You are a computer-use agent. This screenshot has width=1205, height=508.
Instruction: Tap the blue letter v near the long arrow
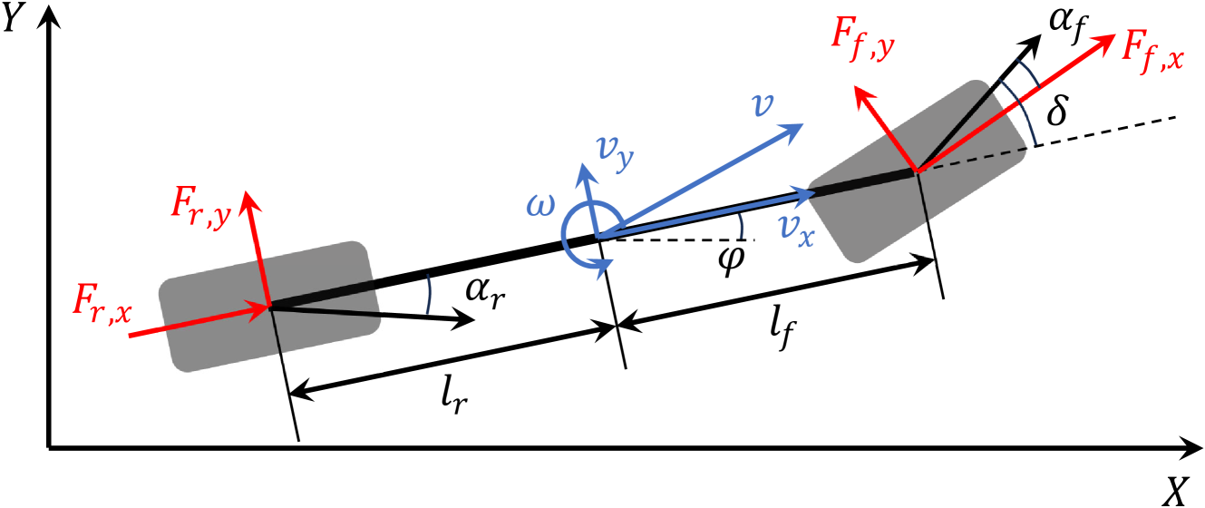coord(763,107)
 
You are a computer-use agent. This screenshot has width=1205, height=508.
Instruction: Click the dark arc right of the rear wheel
coord(427,295)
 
